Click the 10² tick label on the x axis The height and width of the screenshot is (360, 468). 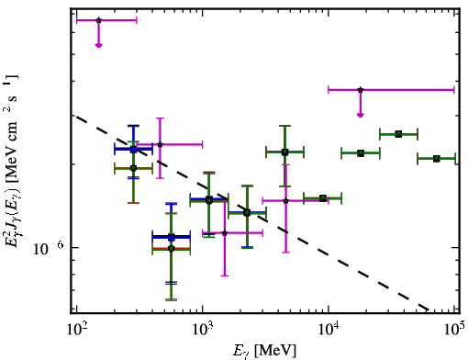[x=76, y=331]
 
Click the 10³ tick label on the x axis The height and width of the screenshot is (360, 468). [x=202, y=331]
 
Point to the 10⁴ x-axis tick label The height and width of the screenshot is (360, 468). [x=329, y=331]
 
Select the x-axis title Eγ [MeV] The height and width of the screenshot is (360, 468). [x=264, y=351]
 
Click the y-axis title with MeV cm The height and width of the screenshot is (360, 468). [x=12, y=160]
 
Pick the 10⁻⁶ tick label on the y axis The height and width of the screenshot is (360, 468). [x=49, y=248]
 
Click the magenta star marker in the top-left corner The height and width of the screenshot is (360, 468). [x=98, y=20]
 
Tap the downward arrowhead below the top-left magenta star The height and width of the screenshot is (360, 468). [x=98, y=45]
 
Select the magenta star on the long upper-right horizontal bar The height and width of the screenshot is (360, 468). [x=361, y=90]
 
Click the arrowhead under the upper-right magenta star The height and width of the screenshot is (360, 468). [x=361, y=115]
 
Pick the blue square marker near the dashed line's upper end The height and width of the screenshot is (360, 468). [x=133, y=150]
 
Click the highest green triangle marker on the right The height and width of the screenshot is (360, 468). [x=398, y=134]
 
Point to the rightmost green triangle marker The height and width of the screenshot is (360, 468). [x=437, y=159]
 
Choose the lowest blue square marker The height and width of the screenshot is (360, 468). [x=172, y=238]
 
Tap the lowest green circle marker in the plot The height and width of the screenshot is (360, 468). [x=172, y=249]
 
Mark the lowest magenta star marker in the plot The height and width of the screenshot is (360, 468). [x=225, y=233]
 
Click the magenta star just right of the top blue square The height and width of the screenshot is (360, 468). [x=160, y=144]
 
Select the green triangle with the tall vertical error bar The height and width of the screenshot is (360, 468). [x=284, y=152]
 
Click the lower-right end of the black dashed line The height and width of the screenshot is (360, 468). [x=429, y=309]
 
